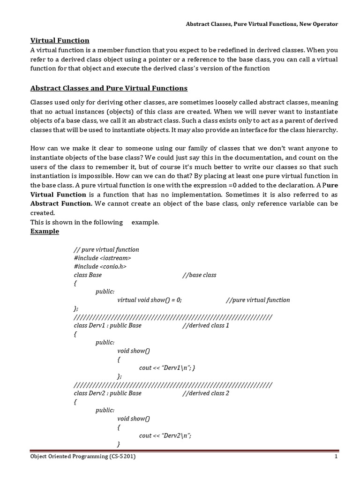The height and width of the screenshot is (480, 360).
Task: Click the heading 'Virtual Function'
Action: tap(60, 41)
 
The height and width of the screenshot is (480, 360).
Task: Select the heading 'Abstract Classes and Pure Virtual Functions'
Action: tap(109, 88)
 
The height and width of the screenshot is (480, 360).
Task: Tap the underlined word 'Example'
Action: tap(45, 231)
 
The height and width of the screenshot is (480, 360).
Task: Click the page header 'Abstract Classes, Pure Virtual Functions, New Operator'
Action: tap(262, 23)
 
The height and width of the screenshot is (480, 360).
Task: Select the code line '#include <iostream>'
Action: tap(103, 258)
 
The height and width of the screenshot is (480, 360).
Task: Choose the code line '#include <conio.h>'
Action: tap(100, 266)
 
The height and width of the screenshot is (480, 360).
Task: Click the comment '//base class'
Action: tap(199, 275)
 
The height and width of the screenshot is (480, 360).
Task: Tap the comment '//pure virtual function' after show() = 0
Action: tap(258, 300)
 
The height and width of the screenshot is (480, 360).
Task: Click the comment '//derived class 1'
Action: tap(206, 325)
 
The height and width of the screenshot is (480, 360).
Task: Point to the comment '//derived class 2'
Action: tap(206, 393)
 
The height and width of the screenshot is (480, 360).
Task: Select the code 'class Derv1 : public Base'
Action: tap(108, 325)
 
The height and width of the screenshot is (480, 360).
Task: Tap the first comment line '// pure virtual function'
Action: tap(106, 249)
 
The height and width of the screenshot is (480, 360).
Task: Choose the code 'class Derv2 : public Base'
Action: tap(108, 393)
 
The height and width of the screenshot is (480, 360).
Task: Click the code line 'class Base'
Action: tap(88, 275)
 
